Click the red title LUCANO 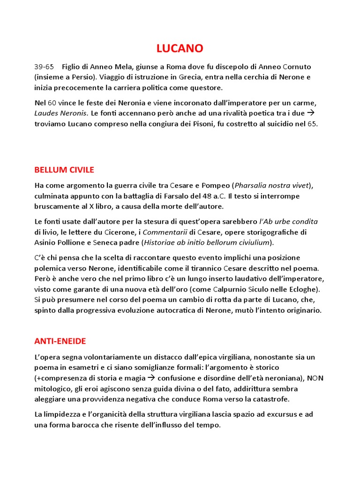[180, 48]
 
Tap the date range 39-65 [44, 67]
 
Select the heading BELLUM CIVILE [64, 169]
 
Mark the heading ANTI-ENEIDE [60, 341]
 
